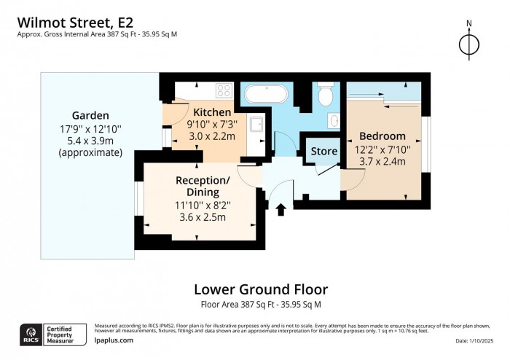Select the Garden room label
[x=90, y=115]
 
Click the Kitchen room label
[x=212, y=112]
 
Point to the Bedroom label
[x=382, y=136]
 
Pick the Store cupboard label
[x=324, y=152]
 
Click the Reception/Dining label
[x=203, y=186]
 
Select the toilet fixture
[x=326, y=95]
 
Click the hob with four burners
[x=223, y=92]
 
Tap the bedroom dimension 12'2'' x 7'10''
[x=382, y=149]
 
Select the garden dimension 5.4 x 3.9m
[x=90, y=141]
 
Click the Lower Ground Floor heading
[x=260, y=289]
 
